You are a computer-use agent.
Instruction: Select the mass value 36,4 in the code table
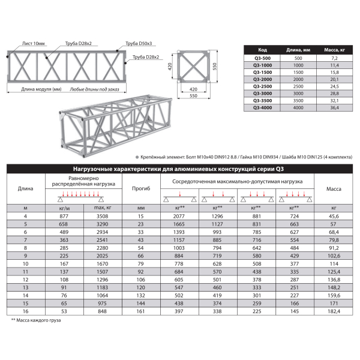pyautogui.click(x=334, y=107)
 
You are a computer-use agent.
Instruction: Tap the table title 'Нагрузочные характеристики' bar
pyautogui.click(x=180, y=169)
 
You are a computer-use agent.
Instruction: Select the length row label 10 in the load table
pyautogui.click(x=25, y=263)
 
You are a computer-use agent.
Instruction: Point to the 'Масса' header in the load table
pyautogui.click(x=334, y=189)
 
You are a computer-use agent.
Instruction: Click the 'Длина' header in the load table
pyautogui.click(x=25, y=189)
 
